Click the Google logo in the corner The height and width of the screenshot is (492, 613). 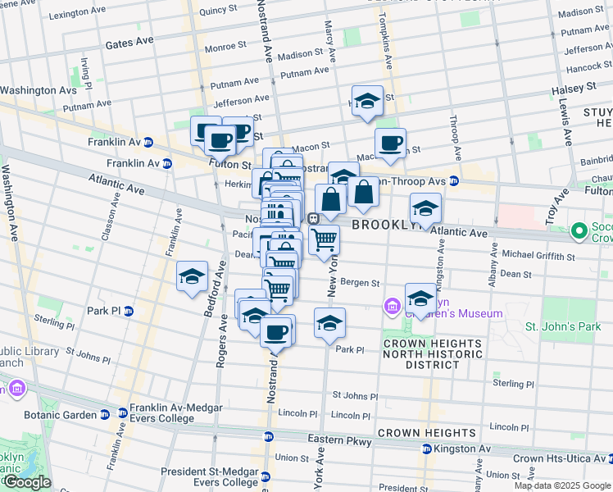tap(26, 482)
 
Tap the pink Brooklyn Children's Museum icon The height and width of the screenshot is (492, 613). tap(392, 307)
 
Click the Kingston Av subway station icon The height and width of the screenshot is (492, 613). tap(427, 449)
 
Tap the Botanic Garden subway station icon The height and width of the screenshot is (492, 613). tap(104, 415)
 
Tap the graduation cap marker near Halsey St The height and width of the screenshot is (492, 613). tap(368, 102)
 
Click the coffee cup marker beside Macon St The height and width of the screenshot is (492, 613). tap(391, 143)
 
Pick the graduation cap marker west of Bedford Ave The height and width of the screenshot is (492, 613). tap(192, 277)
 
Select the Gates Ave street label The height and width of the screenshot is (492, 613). tap(129, 41)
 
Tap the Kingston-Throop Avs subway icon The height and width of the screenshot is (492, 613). tap(453, 180)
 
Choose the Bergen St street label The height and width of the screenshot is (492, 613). tap(360, 283)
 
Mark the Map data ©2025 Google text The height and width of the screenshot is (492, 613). tap(561, 485)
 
